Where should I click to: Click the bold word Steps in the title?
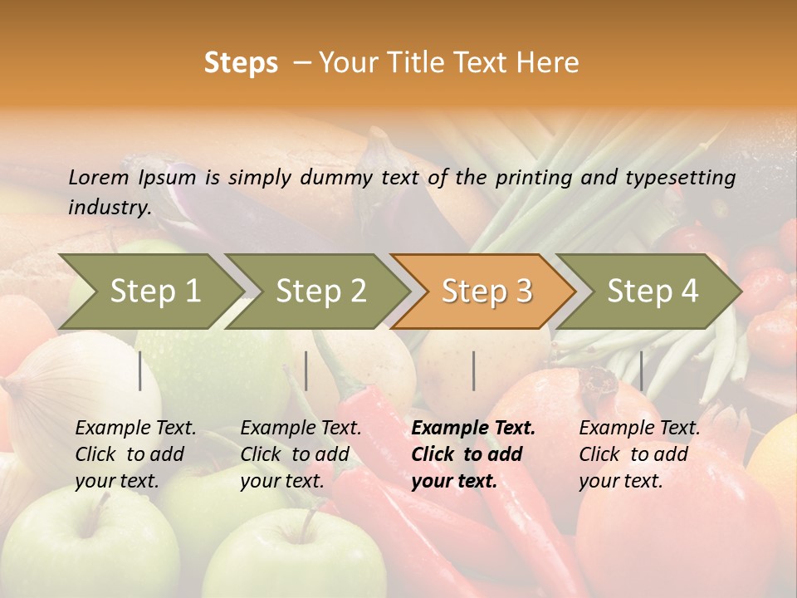pos(241,63)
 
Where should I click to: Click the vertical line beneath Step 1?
pos(140,370)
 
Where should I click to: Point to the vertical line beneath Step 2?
pos(306,370)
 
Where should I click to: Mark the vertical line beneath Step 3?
pos(473,370)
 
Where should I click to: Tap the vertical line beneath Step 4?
pos(641,370)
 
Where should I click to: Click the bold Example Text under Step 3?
pos(473,429)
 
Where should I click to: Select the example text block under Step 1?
pos(134,454)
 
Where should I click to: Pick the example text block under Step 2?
pos(300,454)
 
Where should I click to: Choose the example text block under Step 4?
pos(638,454)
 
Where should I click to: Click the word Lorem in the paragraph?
pos(99,177)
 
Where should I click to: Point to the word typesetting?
pos(680,178)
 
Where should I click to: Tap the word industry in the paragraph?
pos(109,207)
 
